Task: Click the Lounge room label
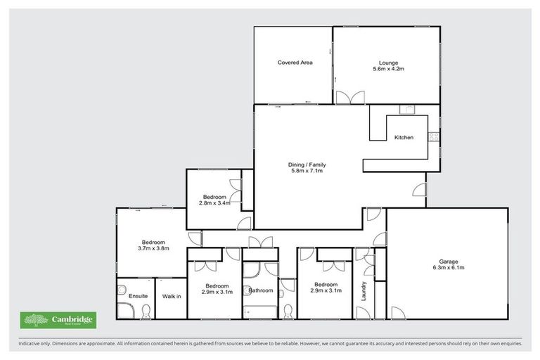pos(387,63)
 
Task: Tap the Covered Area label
pos(295,63)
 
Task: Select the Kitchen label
pos(403,136)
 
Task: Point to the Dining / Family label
pos(307,165)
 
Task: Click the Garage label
pos(448,261)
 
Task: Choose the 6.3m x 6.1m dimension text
pos(448,268)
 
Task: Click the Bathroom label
pos(260,290)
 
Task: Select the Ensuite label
pos(139,296)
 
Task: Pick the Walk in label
pos(172,296)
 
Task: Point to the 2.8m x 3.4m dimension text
pos(214,203)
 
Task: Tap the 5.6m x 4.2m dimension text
pos(387,69)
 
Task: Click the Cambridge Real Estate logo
pos(58,320)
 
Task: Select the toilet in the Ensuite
pos(146,311)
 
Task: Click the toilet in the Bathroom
pos(288,310)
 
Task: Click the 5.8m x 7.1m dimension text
pos(307,171)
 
